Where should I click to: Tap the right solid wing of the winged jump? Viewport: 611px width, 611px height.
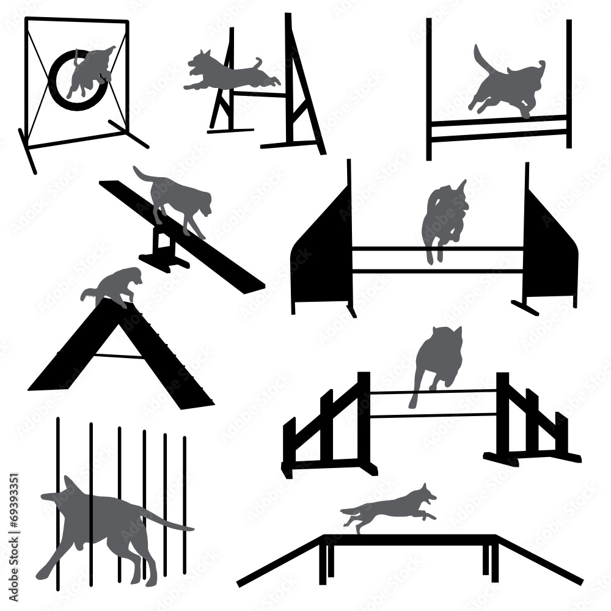pos(550,251)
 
